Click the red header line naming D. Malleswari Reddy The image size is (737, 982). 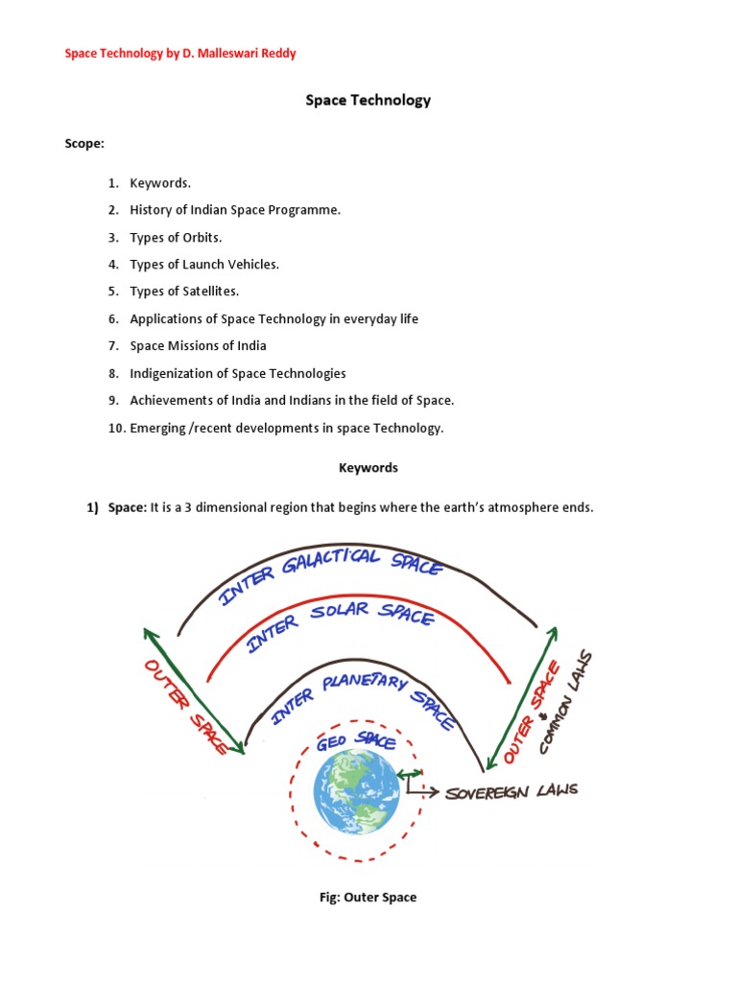coord(179,54)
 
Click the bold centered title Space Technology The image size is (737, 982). coord(368,100)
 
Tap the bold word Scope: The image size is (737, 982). coord(84,143)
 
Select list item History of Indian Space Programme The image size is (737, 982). coord(235,210)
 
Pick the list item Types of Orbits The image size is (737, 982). coord(176,237)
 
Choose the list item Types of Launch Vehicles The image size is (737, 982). coord(204,264)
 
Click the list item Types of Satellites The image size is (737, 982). coord(184,291)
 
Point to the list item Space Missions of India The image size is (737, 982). coord(198,345)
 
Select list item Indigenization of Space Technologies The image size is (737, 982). coord(238,373)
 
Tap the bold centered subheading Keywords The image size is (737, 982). coord(368,468)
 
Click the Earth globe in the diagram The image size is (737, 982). coord(356,790)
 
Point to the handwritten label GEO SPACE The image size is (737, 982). coord(356,739)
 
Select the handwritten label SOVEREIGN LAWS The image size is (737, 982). coord(511,792)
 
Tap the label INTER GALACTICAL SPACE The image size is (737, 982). coord(331,575)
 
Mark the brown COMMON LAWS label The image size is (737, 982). coord(567,701)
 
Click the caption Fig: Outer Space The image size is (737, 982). coord(368,898)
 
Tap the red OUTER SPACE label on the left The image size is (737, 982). coord(185,708)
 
